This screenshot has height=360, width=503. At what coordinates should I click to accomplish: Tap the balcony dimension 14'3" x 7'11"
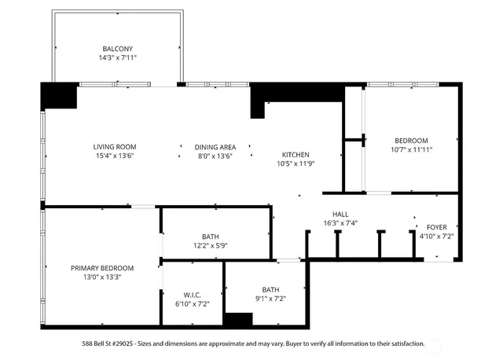pos(118,57)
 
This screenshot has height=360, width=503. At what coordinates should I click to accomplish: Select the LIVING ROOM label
pos(115,146)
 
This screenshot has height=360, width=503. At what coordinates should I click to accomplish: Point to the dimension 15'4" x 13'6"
pos(115,156)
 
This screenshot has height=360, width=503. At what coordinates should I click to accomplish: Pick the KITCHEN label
pos(296,155)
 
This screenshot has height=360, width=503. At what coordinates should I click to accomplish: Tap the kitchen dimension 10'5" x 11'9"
pos(296,164)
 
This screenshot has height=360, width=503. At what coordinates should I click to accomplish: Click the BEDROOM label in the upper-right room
pos(411,140)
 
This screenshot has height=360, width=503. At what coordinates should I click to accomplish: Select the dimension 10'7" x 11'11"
pos(411,149)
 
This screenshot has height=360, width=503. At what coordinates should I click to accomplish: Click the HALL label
pos(340,213)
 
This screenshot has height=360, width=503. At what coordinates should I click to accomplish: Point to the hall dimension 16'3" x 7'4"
pos(340,222)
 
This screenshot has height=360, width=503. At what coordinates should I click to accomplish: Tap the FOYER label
pos(436,226)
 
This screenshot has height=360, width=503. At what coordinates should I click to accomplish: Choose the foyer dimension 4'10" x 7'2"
pos(436,236)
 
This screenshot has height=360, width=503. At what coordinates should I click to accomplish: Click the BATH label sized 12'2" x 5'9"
pos(210,236)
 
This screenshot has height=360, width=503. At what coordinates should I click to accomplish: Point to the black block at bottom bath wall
pos(238,319)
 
